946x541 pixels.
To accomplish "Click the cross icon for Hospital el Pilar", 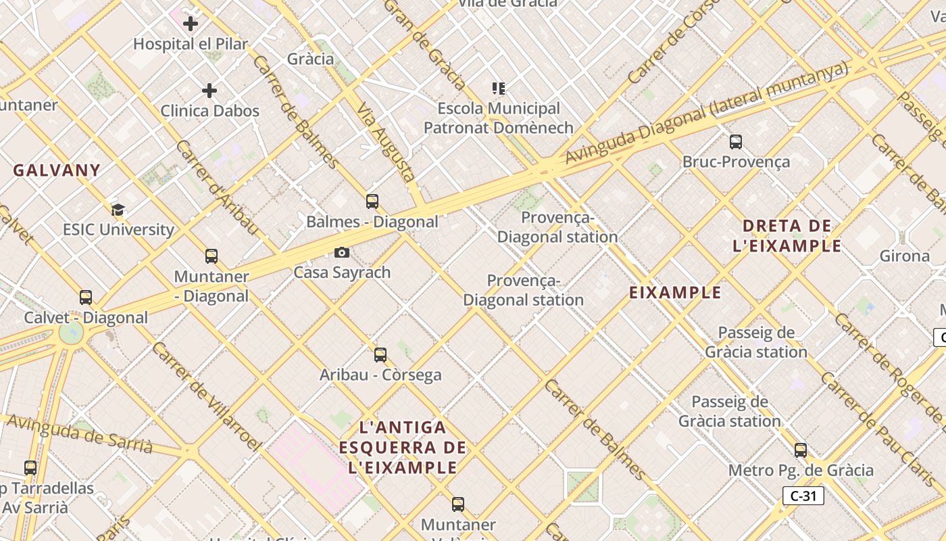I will click(191, 24).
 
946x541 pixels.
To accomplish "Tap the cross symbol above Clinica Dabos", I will click(209, 90).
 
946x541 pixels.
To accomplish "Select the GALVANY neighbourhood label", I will click(57, 170).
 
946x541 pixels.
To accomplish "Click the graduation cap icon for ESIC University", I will click(118, 210).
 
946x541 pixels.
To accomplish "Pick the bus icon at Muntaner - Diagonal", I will click(211, 256).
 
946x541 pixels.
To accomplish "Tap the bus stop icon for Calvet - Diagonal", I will click(86, 298).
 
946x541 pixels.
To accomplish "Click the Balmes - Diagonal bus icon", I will click(372, 201).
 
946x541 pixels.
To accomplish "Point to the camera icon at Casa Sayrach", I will click(342, 252).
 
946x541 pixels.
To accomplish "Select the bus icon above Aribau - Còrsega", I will click(380, 354).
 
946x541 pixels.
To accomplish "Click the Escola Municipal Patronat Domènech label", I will click(499, 118).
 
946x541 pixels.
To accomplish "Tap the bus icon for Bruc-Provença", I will click(736, 142).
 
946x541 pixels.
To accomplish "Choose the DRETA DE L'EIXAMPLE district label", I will click(787, 235).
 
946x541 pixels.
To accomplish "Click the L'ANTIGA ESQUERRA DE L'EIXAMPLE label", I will click(403, 447).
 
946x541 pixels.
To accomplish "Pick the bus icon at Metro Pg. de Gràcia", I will click(801, 450).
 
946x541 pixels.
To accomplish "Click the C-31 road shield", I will click(803, 496).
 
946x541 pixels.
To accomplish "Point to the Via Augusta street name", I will click(387, 142).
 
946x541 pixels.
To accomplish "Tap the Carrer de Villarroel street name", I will click(206, 396).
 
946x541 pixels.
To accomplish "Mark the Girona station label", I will click(904, 256).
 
